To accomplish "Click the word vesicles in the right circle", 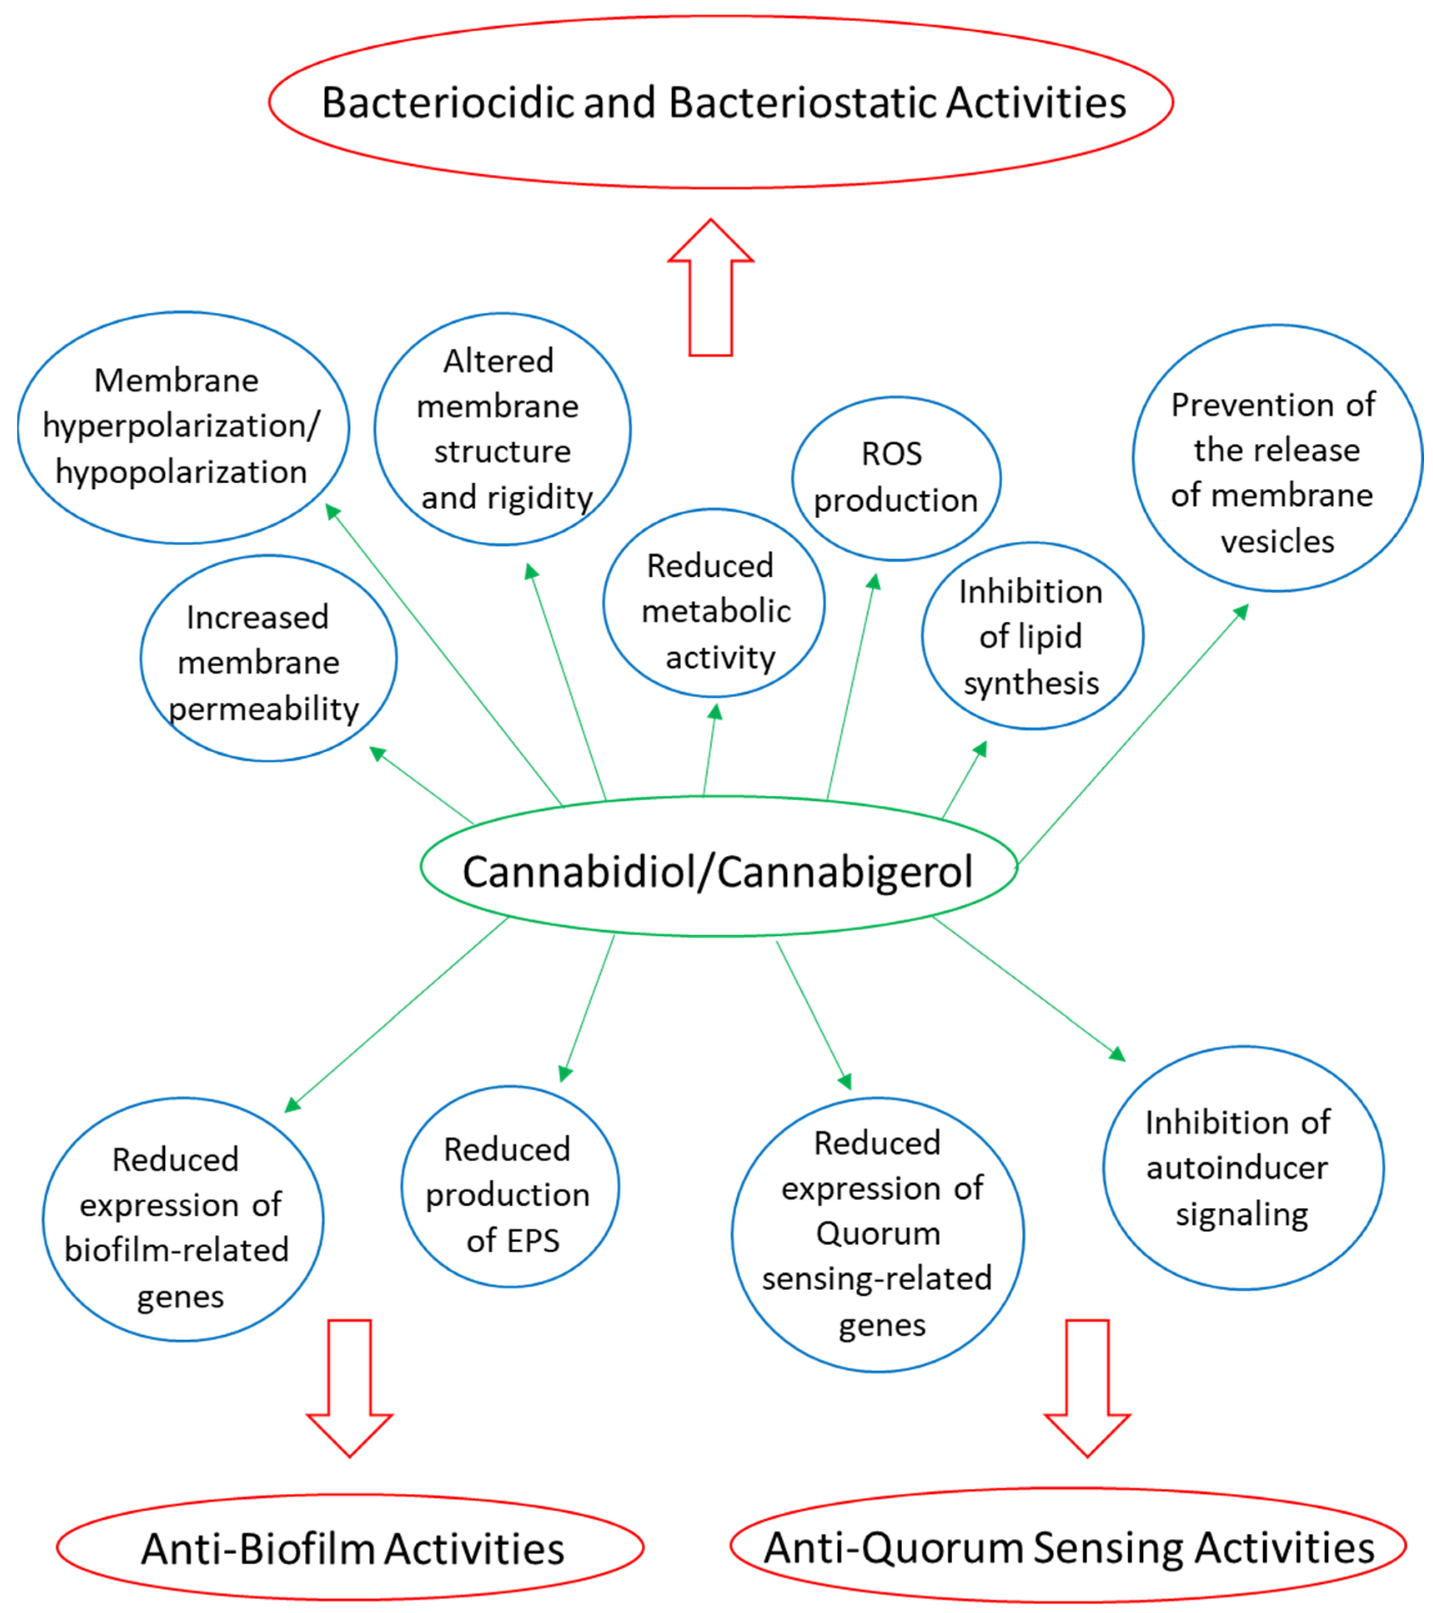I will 1277,541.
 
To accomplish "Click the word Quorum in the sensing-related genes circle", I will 878,1233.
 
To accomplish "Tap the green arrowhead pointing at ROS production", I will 873,582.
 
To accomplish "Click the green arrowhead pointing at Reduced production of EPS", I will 565,1073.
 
